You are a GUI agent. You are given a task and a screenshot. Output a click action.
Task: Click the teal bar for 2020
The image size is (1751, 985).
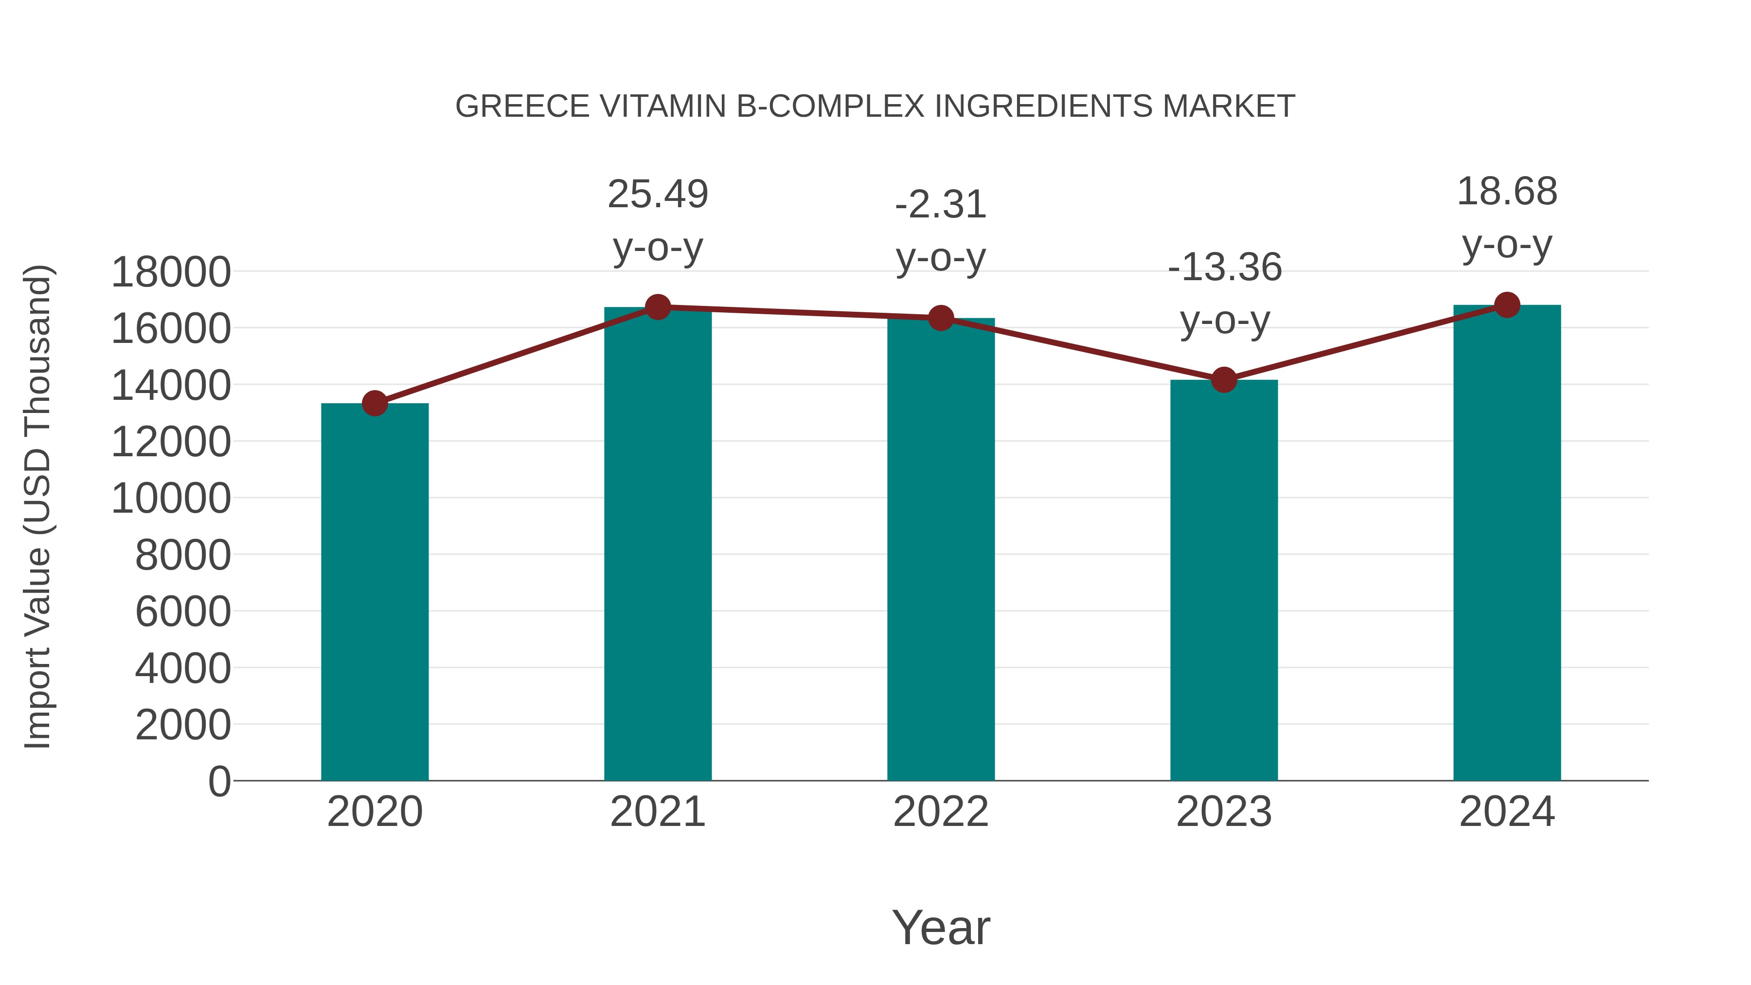pyautogui.click(x=375, y=591)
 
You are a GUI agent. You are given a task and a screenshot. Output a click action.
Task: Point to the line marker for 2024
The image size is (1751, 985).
pyautogui.click(x=1507, y=305)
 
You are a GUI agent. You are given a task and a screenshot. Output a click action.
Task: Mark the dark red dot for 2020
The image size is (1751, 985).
pyautogui.click(x=375, y=404)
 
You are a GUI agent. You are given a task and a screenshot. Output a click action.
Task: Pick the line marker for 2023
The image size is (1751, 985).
pyautogui.click(x=1224, y=380)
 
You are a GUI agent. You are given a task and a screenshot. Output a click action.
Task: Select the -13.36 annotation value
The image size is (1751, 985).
pyautogui.click(x=1224, y=267)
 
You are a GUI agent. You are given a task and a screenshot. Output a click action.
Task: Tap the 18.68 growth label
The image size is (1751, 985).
pyautogui.click(x=1507, y=192)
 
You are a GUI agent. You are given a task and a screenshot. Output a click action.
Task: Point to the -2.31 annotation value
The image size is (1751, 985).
pyautogui.click(x=941, y=205)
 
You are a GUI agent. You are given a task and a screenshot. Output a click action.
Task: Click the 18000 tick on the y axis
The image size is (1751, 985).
pyautogui.click(x=171, y=272)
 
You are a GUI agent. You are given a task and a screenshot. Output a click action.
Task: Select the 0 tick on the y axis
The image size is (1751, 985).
pyautogui.click(x=219, y=781)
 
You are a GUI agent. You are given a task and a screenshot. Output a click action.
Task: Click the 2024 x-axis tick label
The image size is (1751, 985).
pyautogui.click(x=1507, y=812)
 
